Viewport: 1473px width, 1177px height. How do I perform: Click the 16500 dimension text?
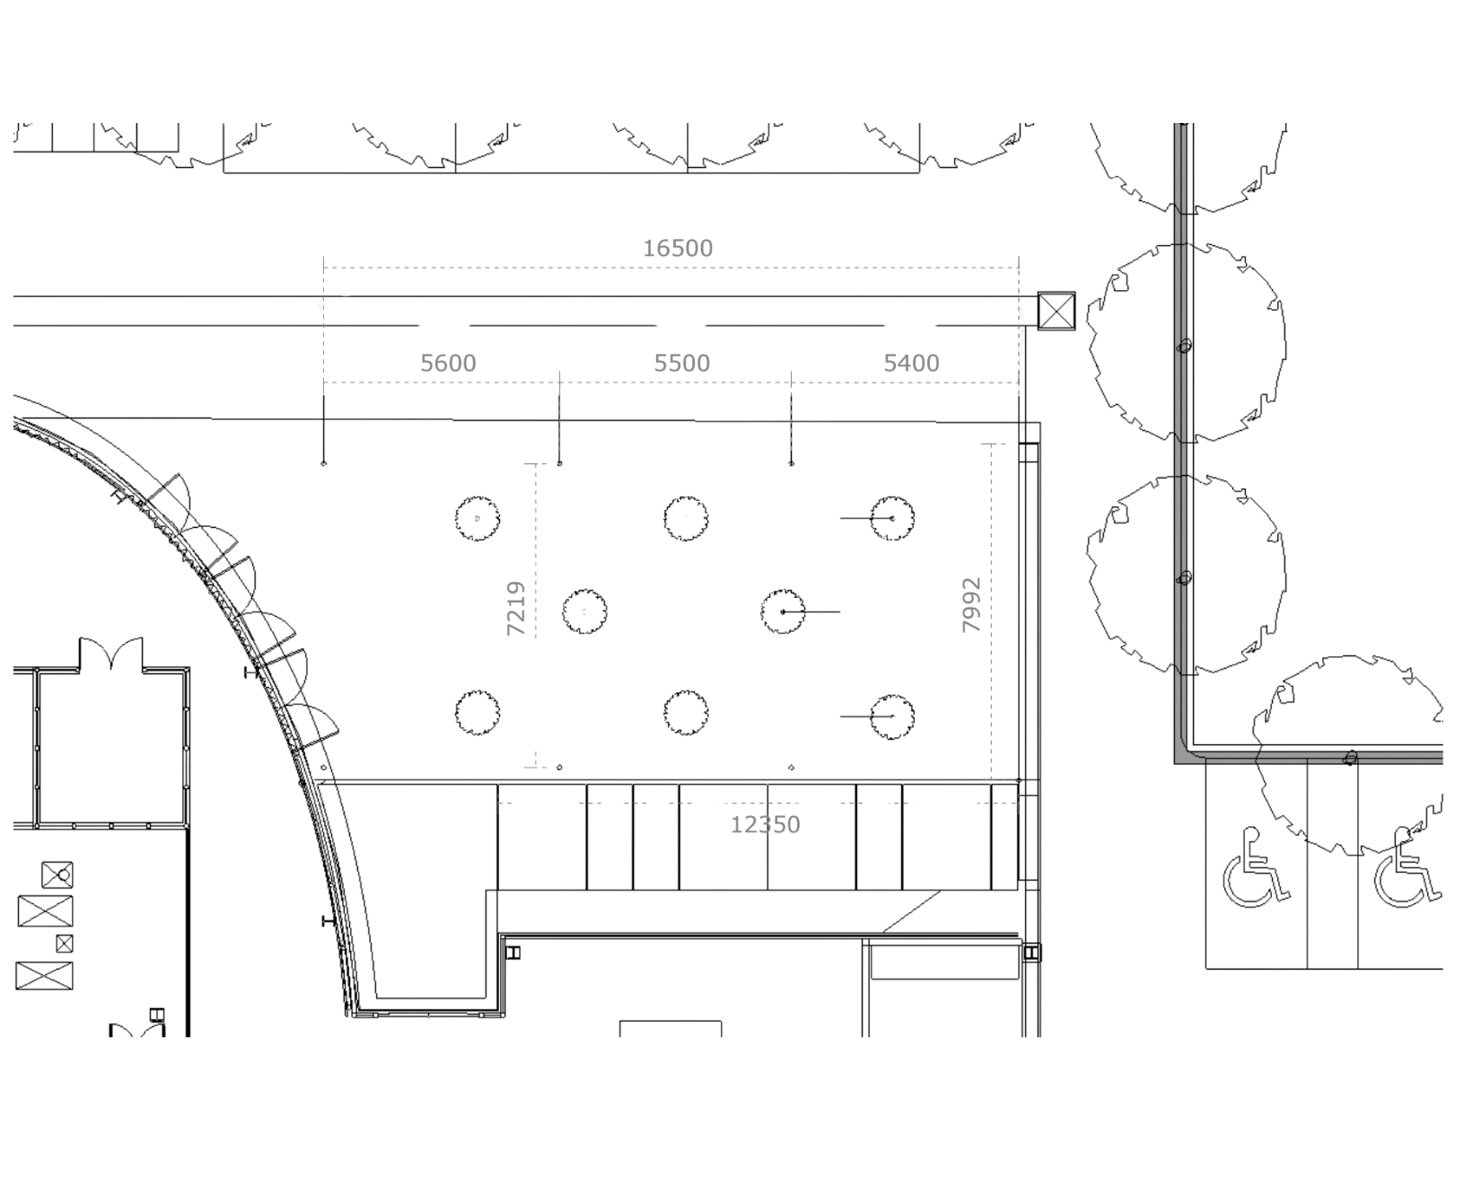(x=678, y=248)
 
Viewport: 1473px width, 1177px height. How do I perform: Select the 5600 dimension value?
(x=448, y=363)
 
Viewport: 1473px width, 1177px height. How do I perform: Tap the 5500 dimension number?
(x=681, y=363)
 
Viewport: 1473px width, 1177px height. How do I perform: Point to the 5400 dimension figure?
(x=911, y=363)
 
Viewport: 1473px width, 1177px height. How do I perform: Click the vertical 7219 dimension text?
(x=515, y=608)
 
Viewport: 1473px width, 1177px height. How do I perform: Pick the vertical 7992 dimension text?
(x=971, y=604)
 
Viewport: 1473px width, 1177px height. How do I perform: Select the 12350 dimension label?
(x=766, y=824)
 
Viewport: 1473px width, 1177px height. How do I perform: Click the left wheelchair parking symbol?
(x=1257, y=867)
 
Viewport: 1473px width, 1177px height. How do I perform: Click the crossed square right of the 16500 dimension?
(x=1057, y=311)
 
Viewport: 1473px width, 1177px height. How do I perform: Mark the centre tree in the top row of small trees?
(x=686, y=518)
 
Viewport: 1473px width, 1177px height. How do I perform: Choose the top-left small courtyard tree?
(x=477, y=518)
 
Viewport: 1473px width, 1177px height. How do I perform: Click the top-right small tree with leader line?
(x=892, y=518)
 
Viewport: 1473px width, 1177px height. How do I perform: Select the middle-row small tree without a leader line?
(x=583, y=611)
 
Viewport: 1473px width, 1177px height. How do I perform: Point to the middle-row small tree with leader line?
(x=783, y=611)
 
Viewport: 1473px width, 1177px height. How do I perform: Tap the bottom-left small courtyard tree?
(x=477, y=713)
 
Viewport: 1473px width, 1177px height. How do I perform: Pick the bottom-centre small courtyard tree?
(x=686, y=713)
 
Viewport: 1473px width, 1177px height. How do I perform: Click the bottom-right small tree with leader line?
(x=892, y=716)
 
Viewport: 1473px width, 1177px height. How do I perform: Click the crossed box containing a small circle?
(x=57, y=874)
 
